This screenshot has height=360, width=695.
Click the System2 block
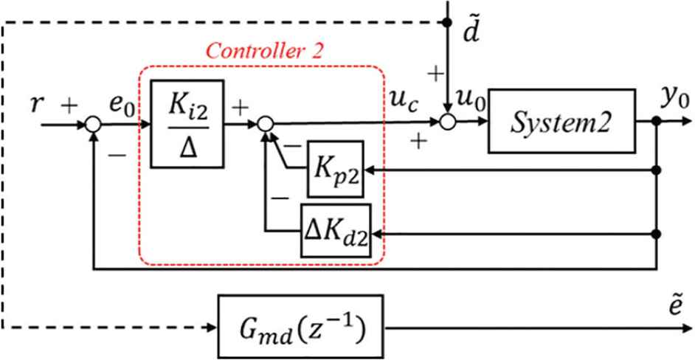(561, 122)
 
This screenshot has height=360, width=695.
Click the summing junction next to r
(93, 123)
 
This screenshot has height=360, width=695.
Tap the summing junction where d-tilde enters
(448, 123)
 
